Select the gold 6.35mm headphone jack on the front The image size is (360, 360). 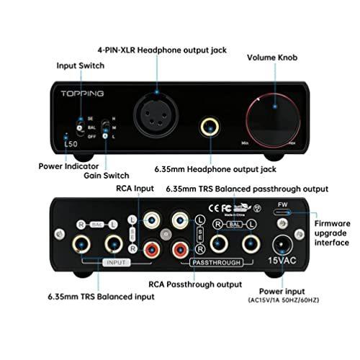pos(210,127)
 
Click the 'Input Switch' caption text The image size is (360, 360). pos(81,66)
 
